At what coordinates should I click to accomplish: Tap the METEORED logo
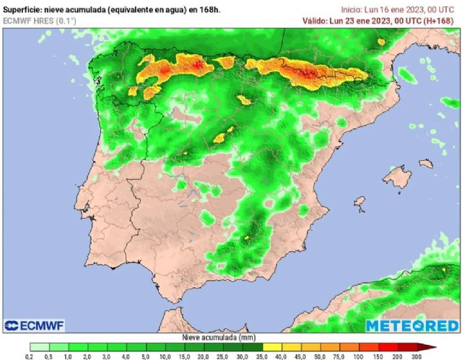411,326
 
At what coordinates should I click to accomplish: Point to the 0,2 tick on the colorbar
30,356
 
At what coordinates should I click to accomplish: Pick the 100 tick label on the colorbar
357,356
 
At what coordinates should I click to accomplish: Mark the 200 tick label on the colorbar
396,356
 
